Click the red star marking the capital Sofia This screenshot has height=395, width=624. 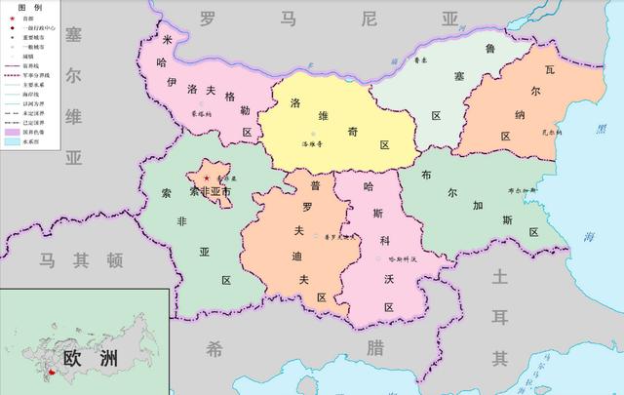coord(206,178)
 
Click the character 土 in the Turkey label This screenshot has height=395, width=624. coord(501,277)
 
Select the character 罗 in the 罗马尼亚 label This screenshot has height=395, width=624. coord(208,19)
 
